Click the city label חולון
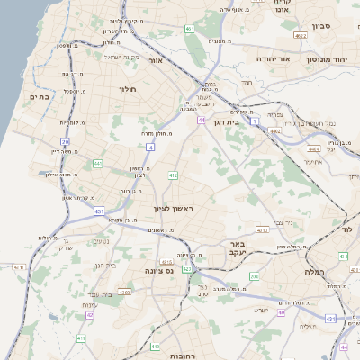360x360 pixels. click(x=126, y=89)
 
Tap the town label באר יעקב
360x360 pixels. click(x=237, y=249)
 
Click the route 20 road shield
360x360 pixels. click(x=65, y=141)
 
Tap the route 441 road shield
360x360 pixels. click(x=97, y=164)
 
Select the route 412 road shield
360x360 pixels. click(x=173, y=175)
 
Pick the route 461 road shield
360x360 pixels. click(x=190, y=29)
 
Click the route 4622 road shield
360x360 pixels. click(x=300, y=36)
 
